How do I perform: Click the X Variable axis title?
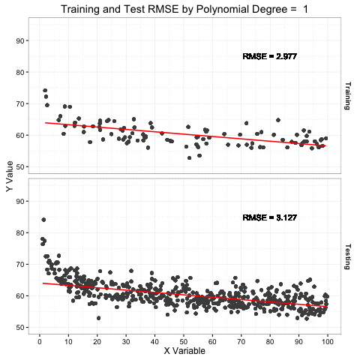[184, 350]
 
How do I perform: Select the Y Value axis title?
[9, 177]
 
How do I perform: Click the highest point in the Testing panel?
[43, 220]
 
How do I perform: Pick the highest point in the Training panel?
[45, 91]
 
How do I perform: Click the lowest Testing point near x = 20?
[98, 318]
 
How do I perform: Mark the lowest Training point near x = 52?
[189, 157]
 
